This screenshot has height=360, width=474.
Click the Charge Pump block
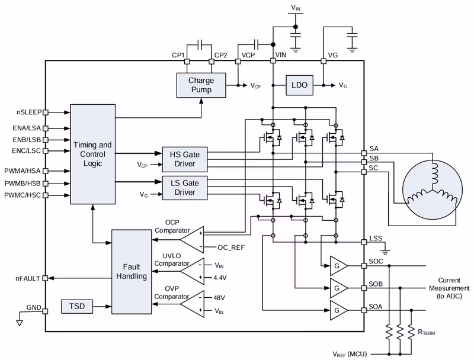tap(201, 85)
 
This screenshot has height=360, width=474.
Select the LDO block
tap(300, 85)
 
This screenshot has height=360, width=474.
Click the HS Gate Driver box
tap(185, 157)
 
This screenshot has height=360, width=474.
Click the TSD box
tap(77, 307)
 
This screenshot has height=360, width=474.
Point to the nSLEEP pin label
tap(29, 111)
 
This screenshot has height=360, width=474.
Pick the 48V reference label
tap(220, 297)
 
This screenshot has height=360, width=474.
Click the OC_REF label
tap(231, 246)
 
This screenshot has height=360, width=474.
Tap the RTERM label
tap(425, 333)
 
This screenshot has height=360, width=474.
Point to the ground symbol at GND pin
tap(19, 323)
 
